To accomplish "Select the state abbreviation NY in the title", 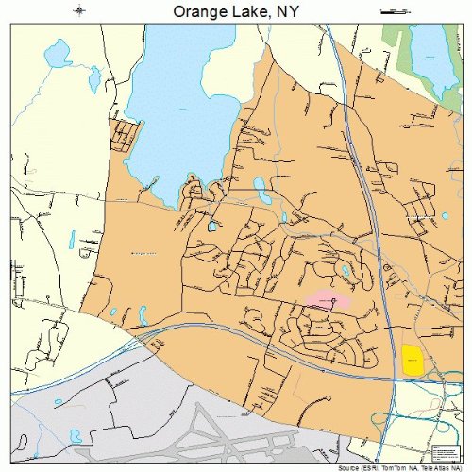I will (x=287, y=11).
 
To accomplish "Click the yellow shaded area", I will (x=412, y=359).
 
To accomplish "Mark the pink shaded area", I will (x=329, y=301).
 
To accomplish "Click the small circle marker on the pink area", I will (x=334, y=300).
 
